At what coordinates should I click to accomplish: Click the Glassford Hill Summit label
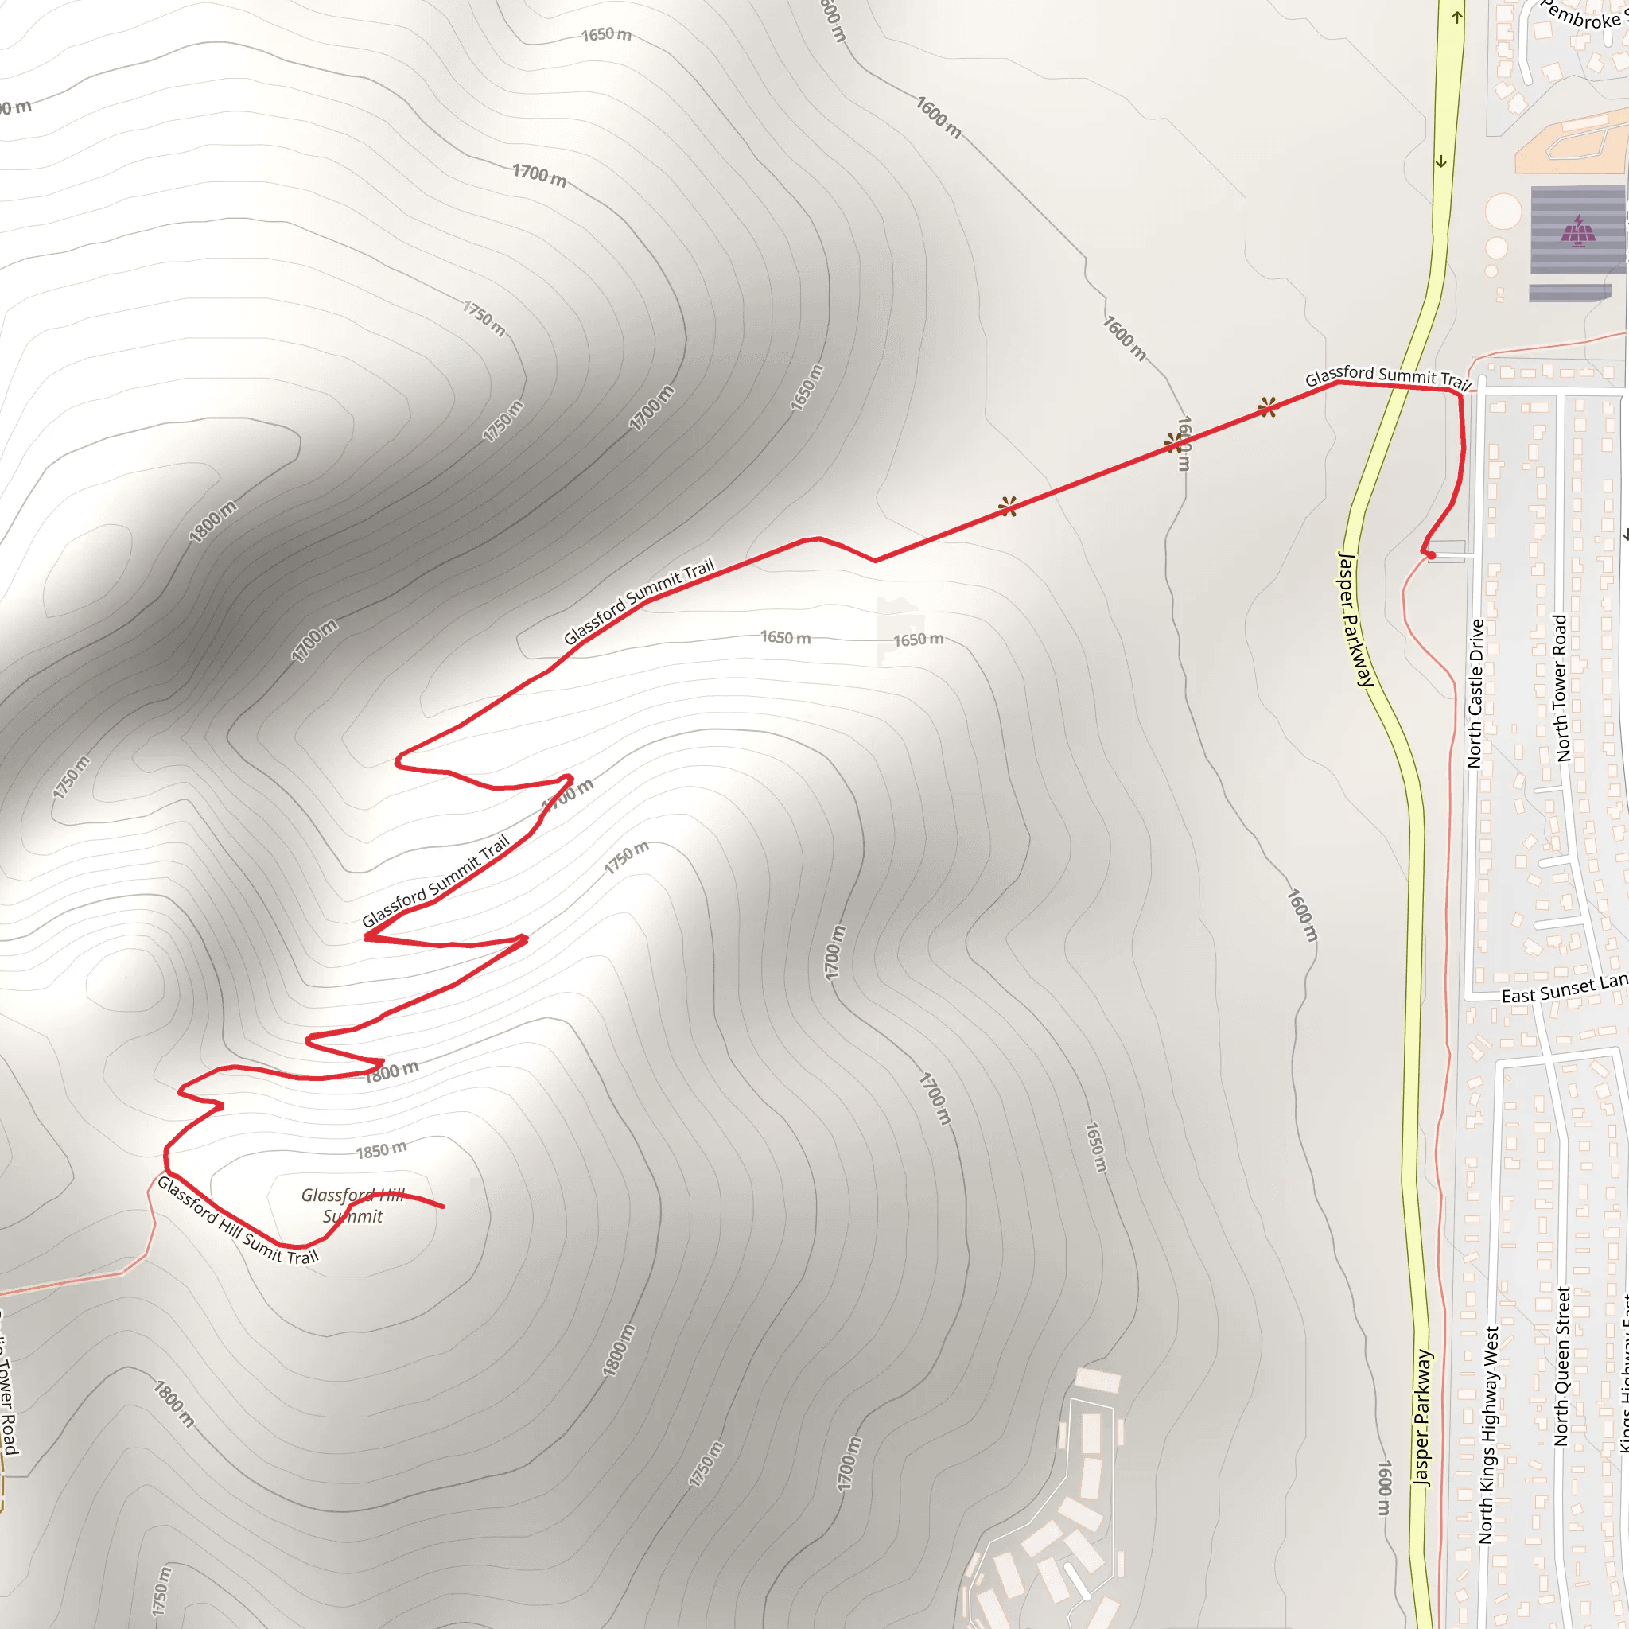(353, 1206)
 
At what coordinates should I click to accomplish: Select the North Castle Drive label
(1475, 693)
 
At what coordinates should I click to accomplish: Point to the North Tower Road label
(1561, 687)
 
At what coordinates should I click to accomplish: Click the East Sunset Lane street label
(1564, 989)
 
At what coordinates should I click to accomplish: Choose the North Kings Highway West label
(1489, 1434)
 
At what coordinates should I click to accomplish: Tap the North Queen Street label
(1561, 1366)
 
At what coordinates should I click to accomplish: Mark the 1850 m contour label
(381, 1150)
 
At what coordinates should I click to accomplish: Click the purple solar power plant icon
(1577, 229)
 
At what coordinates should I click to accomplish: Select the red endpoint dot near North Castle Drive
(1431, 555)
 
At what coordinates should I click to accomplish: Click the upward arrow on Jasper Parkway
(1457, 17)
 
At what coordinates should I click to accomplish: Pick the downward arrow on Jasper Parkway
(1441, 161)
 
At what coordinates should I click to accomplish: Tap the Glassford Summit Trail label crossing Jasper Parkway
(1387, 376)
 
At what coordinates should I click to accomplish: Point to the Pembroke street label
(1584, 15)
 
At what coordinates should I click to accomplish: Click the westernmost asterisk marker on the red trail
(1008, 506)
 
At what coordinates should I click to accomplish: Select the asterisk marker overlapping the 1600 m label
(1174, 443)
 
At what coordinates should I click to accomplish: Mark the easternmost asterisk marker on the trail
(1266, 407)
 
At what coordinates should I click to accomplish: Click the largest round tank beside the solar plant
(1503, 211)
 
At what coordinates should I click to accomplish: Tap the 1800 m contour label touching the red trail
(392, 1071)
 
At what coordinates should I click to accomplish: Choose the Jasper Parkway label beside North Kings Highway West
(1422, 1417)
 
